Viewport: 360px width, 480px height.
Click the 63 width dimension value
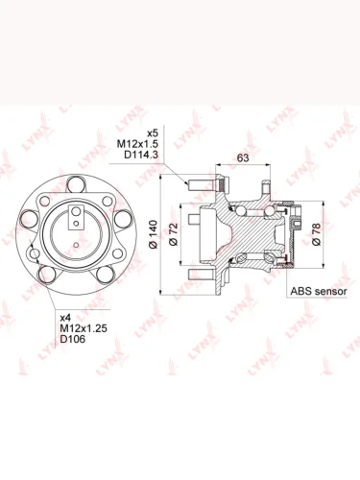coord(243,157)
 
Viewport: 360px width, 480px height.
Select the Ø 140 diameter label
coord(154,234)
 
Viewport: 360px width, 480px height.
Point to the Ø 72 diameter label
coord(173,234)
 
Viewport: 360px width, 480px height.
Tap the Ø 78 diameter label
coord(316,234)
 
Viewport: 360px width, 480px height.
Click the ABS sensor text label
coord(319,291)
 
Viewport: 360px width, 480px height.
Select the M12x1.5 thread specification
coord(137,144)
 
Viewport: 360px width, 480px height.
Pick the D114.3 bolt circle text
coord(141,155)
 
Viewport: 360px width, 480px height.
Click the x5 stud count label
coord(153,132)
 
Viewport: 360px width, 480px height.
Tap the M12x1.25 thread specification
coord(84,328)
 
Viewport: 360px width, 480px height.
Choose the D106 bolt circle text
coord(73,339)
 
